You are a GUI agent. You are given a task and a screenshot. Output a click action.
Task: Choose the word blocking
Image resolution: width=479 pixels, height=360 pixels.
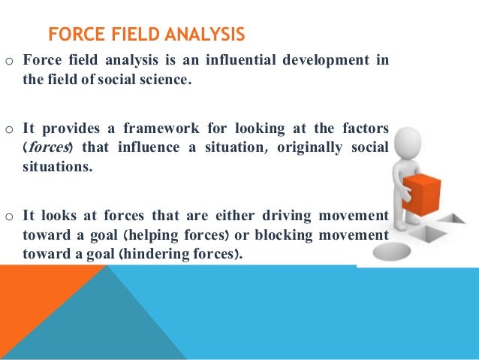pos(299,234)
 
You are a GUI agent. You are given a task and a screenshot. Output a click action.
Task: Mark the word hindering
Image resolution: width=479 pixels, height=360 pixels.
pos(159,253)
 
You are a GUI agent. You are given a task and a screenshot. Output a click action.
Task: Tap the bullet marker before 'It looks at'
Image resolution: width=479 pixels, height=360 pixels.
pos(9,216)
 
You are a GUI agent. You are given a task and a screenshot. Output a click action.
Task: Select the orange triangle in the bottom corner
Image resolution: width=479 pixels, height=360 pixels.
pos(38,308)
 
